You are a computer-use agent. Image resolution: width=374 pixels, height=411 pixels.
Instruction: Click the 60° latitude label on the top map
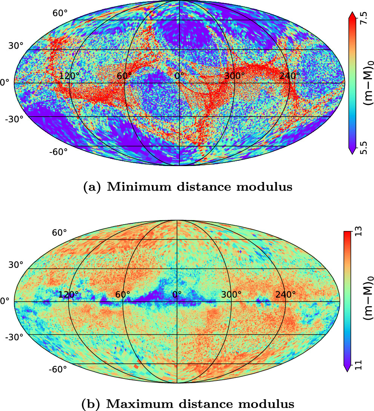pos(60,13)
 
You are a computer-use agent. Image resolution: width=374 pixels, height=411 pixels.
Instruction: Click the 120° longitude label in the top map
pos(70,75)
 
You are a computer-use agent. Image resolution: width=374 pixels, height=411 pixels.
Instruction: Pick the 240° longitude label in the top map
pos(290,75)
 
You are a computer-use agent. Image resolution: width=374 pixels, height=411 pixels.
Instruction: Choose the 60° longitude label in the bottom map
pos(123,294)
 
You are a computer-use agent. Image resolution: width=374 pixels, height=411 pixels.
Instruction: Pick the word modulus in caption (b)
pos(268,403)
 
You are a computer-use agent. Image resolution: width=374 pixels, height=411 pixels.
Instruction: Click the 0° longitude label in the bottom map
pos(176,294)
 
